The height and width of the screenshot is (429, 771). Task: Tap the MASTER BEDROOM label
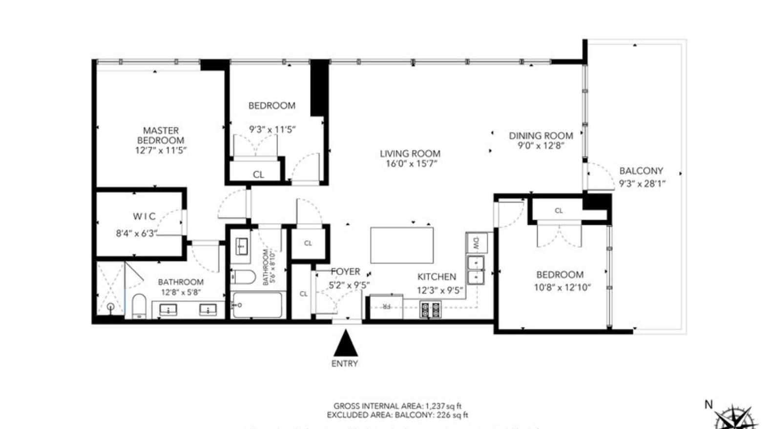(161, 135)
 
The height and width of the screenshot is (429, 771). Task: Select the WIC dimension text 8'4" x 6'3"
(137, 234)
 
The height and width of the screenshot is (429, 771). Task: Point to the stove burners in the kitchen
(430, 310)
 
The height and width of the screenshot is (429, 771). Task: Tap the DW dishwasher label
(477, 242)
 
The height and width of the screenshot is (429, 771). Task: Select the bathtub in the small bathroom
(257, 305)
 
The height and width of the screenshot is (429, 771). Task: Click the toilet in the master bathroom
(139, 306)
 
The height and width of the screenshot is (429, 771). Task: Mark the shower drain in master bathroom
(111, 307)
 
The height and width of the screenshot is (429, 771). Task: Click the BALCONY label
(641, 171)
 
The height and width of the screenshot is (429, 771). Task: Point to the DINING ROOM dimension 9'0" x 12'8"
(541, 146)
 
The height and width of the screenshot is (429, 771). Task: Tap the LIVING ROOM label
(410, 153)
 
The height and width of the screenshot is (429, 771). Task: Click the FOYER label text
(345, 272)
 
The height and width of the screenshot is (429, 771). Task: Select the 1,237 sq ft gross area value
(443, 406)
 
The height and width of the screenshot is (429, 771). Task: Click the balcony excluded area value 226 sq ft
(452, 415)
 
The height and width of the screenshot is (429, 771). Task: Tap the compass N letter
(708, 404)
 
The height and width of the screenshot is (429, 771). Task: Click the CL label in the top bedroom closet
(258, 174)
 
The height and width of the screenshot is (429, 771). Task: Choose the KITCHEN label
(437, 277)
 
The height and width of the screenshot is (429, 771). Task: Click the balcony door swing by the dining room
(601, 176)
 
